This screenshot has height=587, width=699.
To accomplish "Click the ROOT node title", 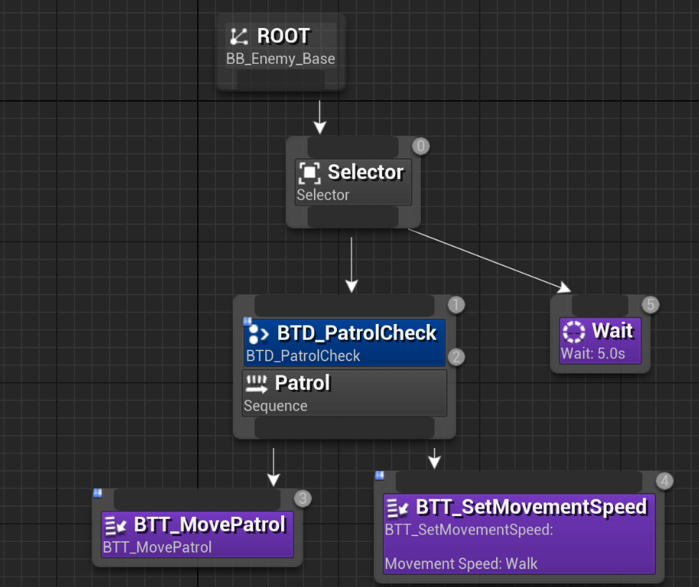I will click(x=283, y=36).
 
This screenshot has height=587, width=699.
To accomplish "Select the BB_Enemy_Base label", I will click(x=280, y=59).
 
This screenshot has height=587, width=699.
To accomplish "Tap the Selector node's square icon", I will click(x=309, y=173).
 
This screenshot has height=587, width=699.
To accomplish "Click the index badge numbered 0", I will click(x=421, y=147).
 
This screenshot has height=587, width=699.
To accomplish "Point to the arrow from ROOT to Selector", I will click(x=320, y=116).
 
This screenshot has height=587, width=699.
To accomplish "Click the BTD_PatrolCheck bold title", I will click(x=356, y=333).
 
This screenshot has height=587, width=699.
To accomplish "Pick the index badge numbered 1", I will click(x=456, y=305).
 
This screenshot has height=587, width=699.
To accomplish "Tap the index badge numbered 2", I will click(x=456, y=357).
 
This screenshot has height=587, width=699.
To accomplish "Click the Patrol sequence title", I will click(x=303, y=383).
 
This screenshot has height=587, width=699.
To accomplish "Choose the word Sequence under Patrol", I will click(x=275, y=406).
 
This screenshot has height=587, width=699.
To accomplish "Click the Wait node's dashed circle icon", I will click(x=574, y=331).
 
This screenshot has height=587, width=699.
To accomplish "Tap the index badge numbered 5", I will click(x=650, y=305).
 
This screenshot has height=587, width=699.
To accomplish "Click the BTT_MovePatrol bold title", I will click(x=209, y=525).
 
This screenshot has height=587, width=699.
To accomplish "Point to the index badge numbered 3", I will click(x=303, y=498).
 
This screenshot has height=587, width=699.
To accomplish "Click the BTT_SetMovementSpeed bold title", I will click(x=531, y=507).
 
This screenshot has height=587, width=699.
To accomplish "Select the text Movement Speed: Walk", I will click(x=461, y=563).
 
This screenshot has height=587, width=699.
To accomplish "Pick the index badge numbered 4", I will click(x=665, y=481).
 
